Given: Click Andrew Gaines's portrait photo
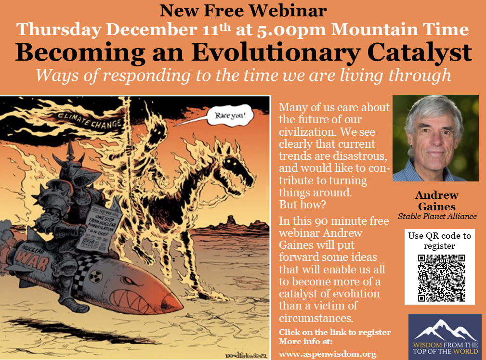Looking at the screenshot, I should click(x=435, y=139).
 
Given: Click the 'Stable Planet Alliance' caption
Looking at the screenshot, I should click(x=437, y=216).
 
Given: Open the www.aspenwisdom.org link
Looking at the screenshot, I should click(x=327, y=354).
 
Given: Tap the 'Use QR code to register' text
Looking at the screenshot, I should click(x=439, y=241).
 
